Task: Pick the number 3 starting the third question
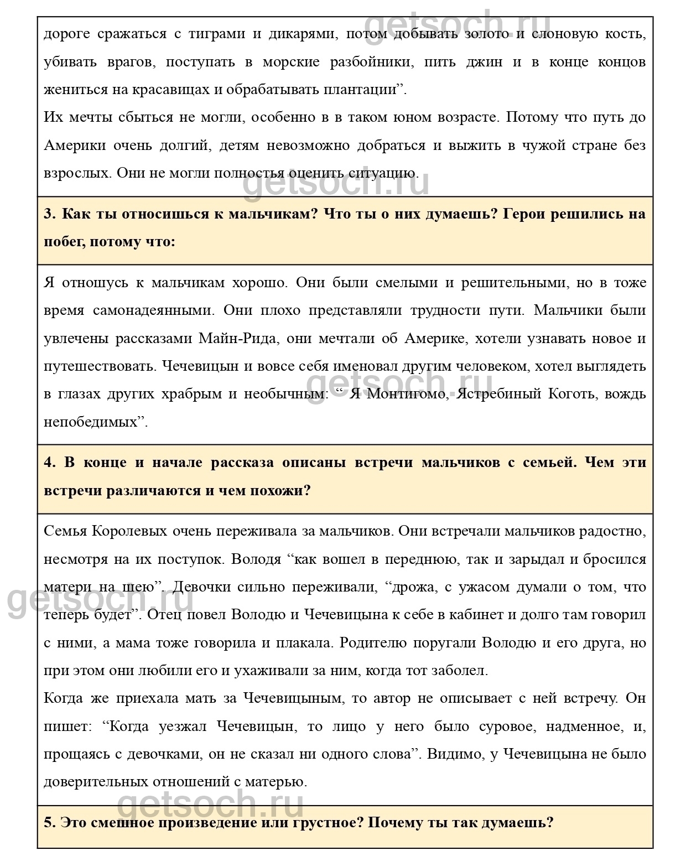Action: [49, 214]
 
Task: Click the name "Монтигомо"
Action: [405, 394]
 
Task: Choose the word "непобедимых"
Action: [91, 422]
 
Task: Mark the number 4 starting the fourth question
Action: [49, 463]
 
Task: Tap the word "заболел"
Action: [459, 671]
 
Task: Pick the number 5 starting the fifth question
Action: [49, 822]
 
